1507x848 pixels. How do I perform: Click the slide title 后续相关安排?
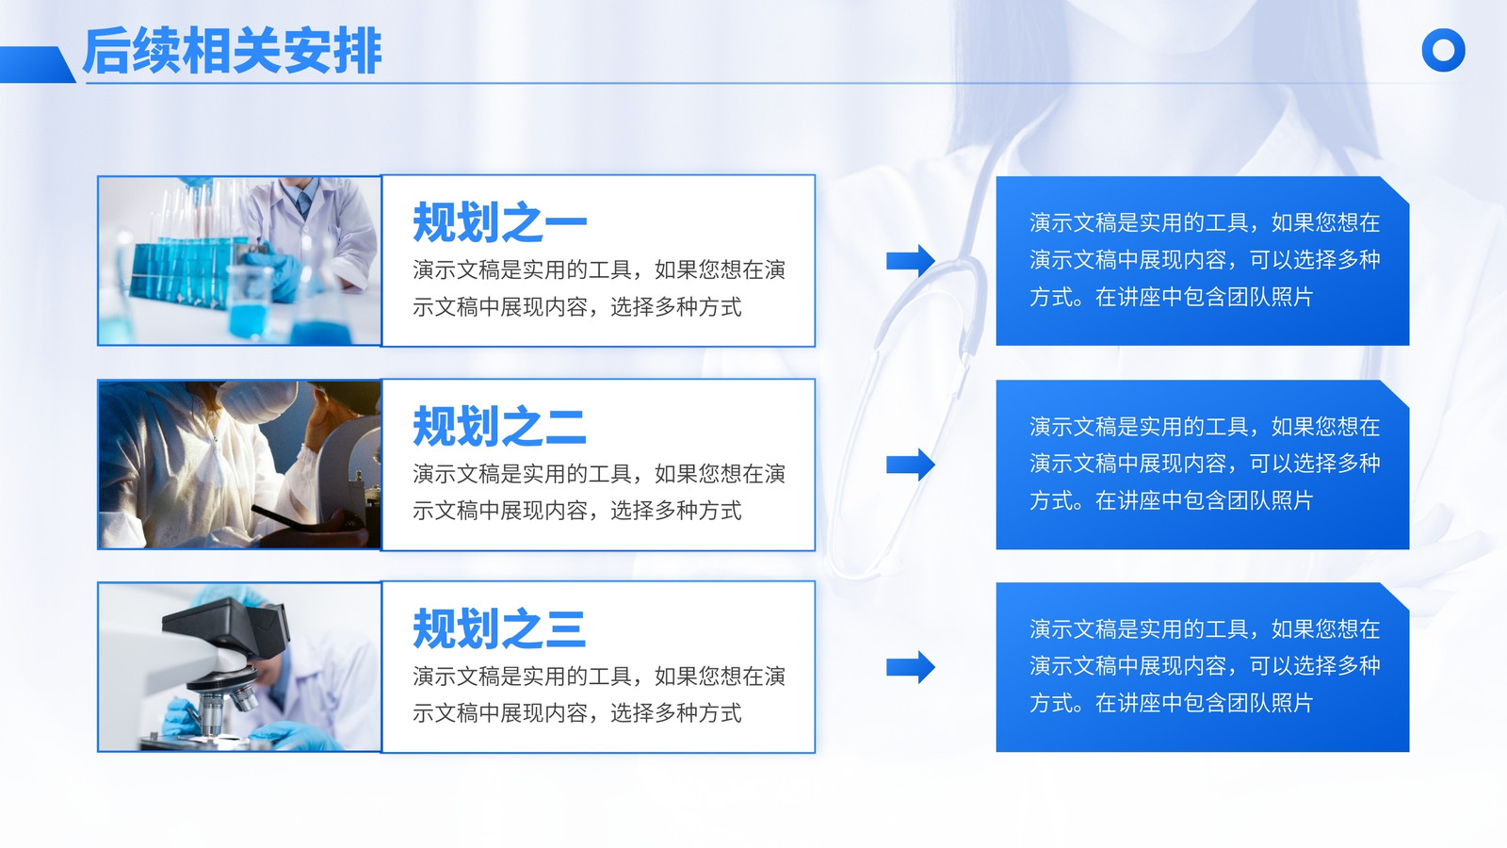coord(232,51)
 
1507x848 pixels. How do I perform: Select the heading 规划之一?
coord(500,222)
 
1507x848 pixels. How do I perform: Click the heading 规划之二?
coord(500,426)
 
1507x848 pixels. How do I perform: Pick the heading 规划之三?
coord(500,628)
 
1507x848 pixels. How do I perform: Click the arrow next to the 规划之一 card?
coord(910,260)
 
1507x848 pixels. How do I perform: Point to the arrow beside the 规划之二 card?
coord(910,465)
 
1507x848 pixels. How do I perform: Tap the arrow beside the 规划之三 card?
coord(910,667)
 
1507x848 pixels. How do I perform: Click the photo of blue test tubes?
coord(239,261)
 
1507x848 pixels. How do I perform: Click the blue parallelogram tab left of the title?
coord(37,65)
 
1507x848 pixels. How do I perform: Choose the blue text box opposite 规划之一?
coord(1202,261)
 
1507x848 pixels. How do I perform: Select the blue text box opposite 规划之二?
coord(1202,465)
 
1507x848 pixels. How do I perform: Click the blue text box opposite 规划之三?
coord(1202,667)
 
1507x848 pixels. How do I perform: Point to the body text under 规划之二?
coord(599,492)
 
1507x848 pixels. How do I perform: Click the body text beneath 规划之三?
coord(599,694)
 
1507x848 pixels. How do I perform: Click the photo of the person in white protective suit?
coord(239,465)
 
